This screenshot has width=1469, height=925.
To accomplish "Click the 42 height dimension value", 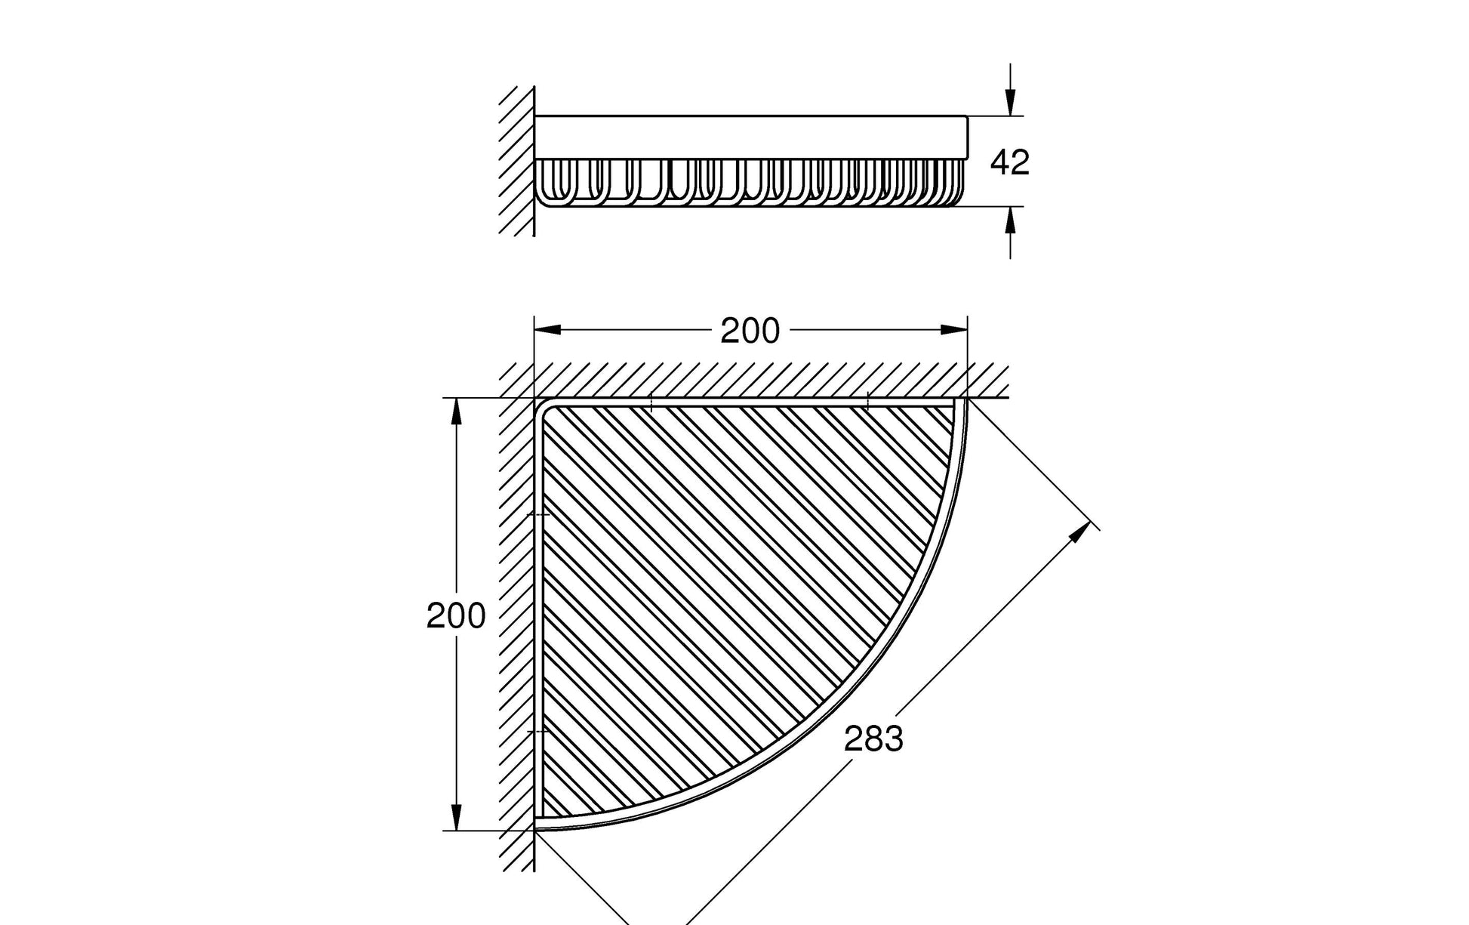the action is tap(1009, 162).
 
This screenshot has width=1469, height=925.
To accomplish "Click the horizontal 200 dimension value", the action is tap(750, 331).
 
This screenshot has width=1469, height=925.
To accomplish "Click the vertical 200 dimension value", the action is tap(456, 616).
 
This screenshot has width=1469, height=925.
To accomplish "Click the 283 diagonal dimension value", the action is tap(873, 738).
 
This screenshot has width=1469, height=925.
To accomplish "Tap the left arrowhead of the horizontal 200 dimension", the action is tap(547, 329).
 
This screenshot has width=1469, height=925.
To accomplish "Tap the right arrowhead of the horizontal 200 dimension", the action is tap(954, 329).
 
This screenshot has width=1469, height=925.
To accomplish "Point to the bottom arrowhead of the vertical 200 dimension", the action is tap(456, 817).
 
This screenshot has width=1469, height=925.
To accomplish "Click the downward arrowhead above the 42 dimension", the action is tap(1011, 102).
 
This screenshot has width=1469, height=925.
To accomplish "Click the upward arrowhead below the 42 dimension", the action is tap(1011, 220).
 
